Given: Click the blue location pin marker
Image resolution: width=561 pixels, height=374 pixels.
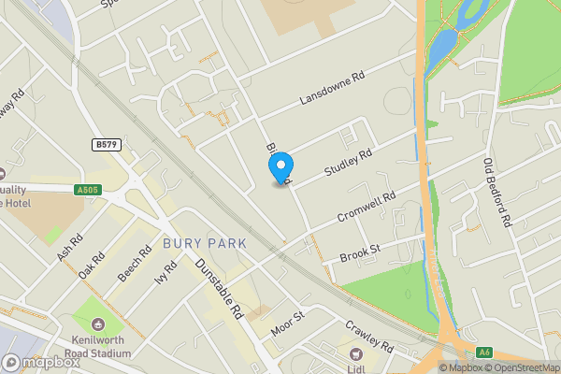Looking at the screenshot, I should tap(280, 166).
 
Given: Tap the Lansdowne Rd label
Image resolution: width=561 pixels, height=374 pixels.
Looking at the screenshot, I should tap(330, 87).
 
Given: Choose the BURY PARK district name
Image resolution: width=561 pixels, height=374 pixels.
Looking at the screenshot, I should tap(205, 243).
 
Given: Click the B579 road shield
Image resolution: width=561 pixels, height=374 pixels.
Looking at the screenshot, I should tap(106, 145).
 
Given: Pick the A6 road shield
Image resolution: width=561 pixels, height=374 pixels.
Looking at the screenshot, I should tap(484, 352).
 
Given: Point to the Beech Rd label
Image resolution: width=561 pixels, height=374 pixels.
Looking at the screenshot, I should tap(134, 265).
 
